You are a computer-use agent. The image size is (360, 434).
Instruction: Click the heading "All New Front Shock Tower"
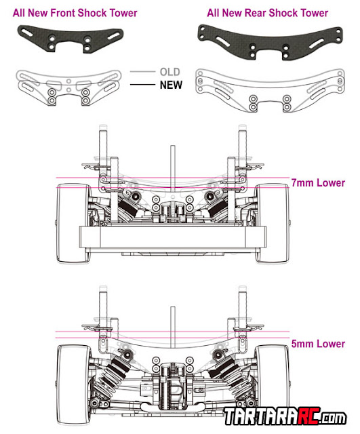(x=75, y=13)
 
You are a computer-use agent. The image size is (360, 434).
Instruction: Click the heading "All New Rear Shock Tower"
(x=268, y=13)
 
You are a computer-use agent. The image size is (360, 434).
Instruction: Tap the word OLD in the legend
(x=170, y=72)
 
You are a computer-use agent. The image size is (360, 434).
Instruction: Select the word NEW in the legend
(x=171, y=85)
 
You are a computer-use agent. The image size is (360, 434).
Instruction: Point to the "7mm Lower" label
(x=318, y=182)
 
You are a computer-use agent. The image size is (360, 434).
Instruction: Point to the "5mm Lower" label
(x=318, y=344)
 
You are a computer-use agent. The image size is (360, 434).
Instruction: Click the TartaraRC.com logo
(x=285, y=416)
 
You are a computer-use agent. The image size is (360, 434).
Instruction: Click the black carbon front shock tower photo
(x=71, y=39)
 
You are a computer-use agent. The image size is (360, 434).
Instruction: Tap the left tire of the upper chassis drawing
(x=74, y=223)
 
